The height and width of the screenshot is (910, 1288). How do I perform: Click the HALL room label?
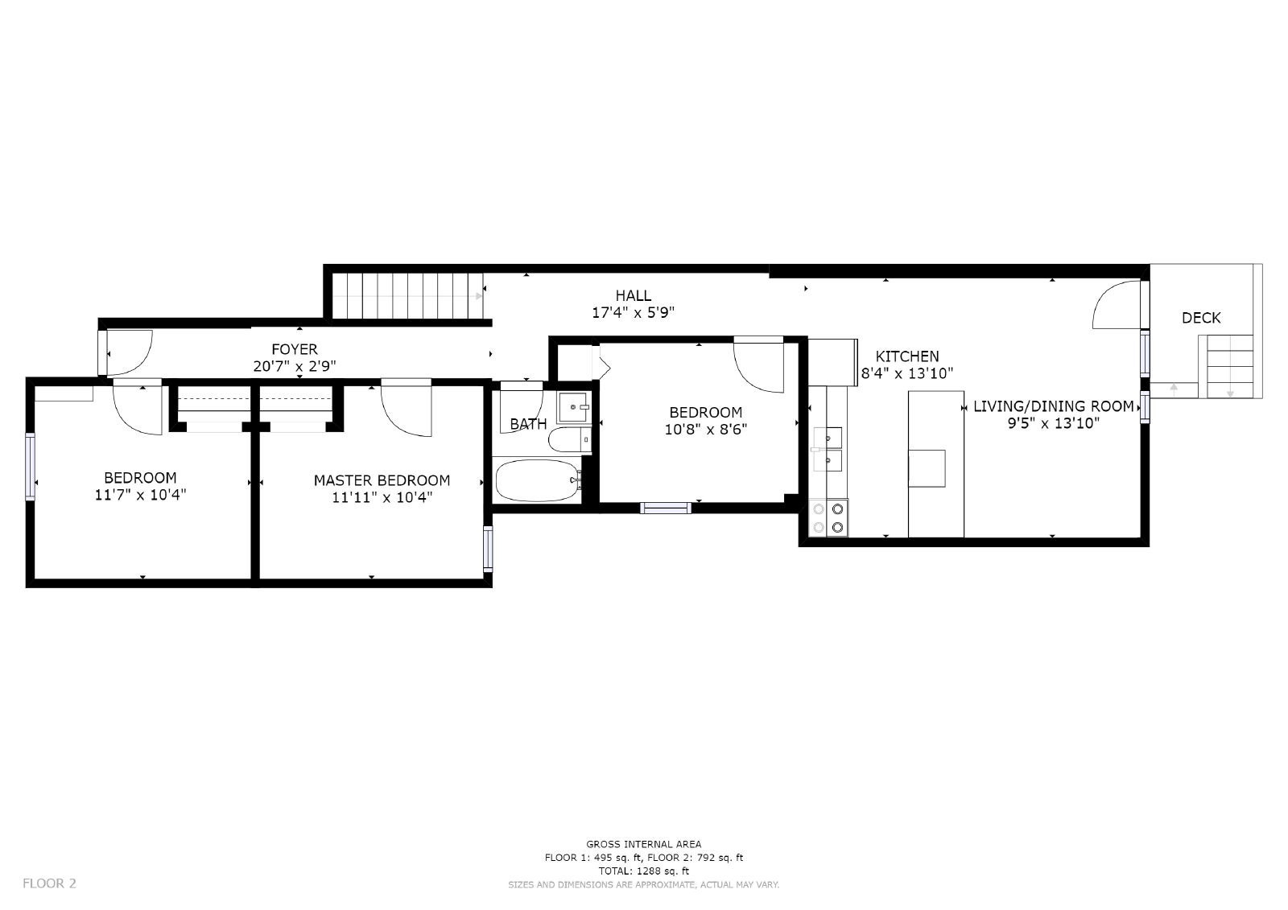click(x=633, y=295)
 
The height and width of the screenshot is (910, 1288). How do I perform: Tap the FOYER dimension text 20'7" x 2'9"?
click(x=293, y=366)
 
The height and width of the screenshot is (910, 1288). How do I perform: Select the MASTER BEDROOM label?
click(x=382, y=480)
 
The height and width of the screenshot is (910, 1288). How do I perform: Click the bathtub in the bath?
click(x=537, y=480)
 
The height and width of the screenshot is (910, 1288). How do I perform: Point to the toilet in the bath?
click(x=567, y=440)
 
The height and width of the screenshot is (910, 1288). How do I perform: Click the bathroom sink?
click(x=573, y=407)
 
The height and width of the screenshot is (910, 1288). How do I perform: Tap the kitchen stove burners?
click(x=828, y=518)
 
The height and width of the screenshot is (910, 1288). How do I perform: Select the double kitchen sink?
click(x=828, y=449)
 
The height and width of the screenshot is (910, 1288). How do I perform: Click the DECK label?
click(x=1200, y=318)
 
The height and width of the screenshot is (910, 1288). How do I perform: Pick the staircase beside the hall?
click(x=407, y=295)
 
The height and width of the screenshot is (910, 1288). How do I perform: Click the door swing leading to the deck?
click(x=1117, y=306)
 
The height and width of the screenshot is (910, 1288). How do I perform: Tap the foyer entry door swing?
click(x=129, y=352)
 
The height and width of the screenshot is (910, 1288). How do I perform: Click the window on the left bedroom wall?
click(x=31, y=467)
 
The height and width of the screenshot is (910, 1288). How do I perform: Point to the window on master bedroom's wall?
click(x=488, y=549)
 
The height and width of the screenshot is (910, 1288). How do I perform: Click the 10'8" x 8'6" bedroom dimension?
click(x=705, y=430)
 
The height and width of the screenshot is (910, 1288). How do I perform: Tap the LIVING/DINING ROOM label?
click(x=1053, y=406)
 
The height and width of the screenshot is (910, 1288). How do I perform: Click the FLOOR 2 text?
click(x=49, y=883)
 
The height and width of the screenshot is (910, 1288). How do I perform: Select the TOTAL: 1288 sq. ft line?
click(x=643, y=871)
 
